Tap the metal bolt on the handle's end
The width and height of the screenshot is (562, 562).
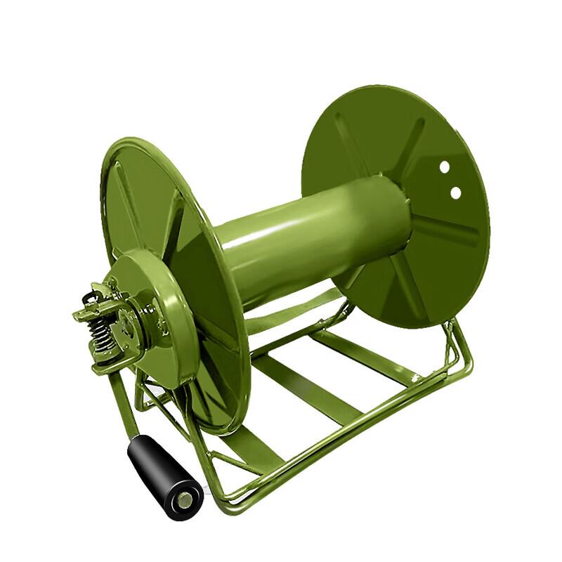point(184,500)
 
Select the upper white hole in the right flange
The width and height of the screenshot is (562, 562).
point(444,167)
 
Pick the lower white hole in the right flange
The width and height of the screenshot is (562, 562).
point(455,191)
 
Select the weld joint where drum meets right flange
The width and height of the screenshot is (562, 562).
point(411,211)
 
